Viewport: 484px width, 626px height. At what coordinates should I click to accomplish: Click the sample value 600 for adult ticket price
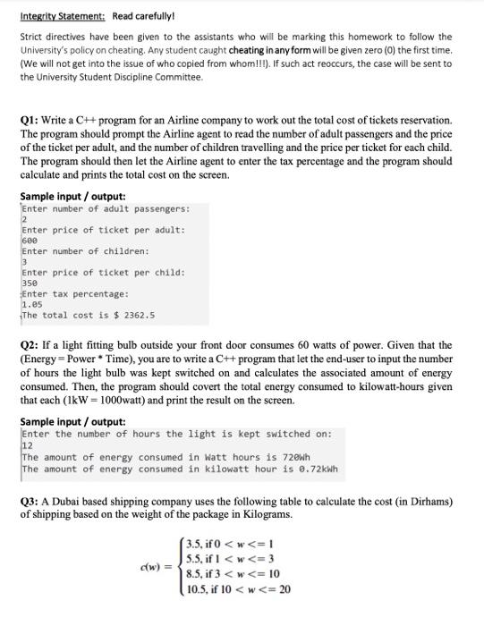tap(30, 241)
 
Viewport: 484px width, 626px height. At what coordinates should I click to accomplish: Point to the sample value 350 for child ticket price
tap(30, 283)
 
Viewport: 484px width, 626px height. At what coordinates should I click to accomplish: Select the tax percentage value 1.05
tap(31, 304)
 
